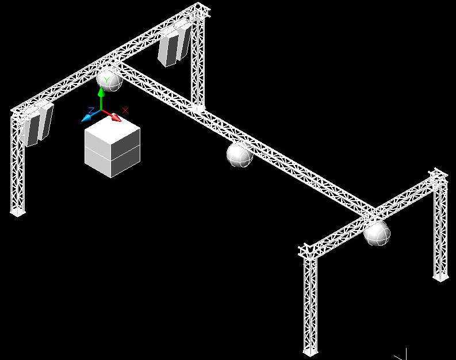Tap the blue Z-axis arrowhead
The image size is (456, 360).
coord(87,118)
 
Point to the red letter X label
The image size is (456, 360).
coord(125,110)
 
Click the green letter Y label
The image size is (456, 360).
coord(107,79)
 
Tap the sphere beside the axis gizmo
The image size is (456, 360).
coord(109,79)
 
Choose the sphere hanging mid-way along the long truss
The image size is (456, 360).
coord(239,155)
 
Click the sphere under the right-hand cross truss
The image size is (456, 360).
coord(377,233)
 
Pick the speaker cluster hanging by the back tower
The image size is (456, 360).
coord(174,46)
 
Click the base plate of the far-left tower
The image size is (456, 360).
coord(18,213)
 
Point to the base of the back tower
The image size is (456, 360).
coord(198,108)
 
